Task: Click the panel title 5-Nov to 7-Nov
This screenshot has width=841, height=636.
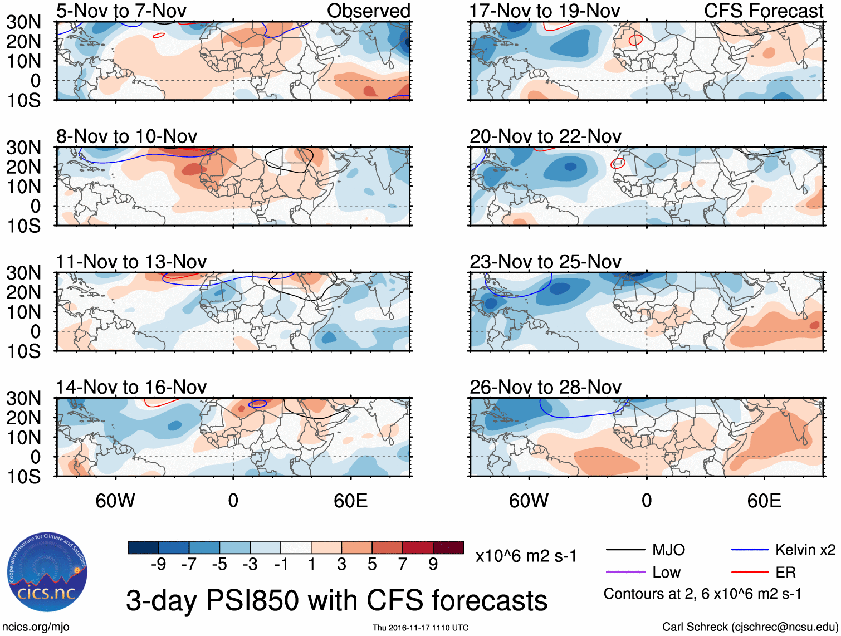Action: click(121, 11)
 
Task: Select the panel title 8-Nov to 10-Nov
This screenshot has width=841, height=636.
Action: click(126, 136)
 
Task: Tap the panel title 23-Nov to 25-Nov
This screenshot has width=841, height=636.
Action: click(545, 262)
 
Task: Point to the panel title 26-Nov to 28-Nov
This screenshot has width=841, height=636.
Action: click(545, 387)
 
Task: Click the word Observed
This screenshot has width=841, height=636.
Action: click(368, 11)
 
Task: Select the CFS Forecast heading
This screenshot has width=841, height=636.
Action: click(763, 11)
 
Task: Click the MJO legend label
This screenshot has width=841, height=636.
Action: click(668, 550)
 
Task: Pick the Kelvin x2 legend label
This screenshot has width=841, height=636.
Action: click(805, 550)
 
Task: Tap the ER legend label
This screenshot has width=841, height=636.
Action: click(785, 573)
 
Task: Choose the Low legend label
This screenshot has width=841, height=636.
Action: click(667, 573)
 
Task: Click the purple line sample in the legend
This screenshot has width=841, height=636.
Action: click(625, 572)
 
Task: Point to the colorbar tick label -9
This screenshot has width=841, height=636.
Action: click(158, 565)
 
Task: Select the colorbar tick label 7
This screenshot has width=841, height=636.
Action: click(403, 565)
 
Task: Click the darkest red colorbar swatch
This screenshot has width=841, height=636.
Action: click(448, 547)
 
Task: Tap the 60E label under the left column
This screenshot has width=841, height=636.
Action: click(350, 501)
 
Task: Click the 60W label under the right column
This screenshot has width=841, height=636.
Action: click(529, 501)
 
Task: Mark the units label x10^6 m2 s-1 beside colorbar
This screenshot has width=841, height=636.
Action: click(526, 556)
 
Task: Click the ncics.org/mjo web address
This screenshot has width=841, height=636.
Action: click(35, 627)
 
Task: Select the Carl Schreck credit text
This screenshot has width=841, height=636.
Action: click(750, 627)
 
